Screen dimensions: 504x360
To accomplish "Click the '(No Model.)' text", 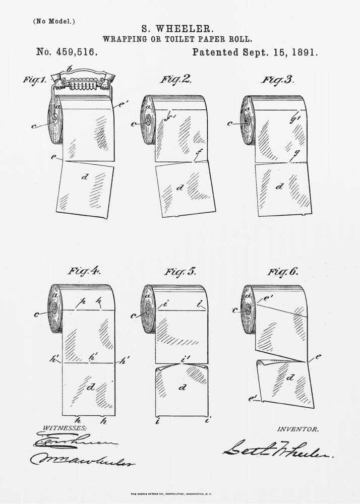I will pyautogui.click(x=53, y=21).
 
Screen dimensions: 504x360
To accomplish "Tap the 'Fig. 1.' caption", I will pyautogui.click(x=35, y=80).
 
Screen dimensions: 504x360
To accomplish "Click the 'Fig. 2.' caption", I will pyautogui.click(x=175, y=79).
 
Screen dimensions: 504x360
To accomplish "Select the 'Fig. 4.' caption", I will pyautogui.click(x=84, y=271).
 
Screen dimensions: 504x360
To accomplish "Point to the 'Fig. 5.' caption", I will pyautogui.click(x=180, y=272).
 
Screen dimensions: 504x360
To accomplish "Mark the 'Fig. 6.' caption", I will pyautogui.click(x=282, y=272).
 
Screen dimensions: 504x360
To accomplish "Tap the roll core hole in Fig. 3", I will pyautogui.click(x=247, y=121).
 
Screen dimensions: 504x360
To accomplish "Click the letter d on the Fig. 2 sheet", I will pyautogui.click(x=180, y=187).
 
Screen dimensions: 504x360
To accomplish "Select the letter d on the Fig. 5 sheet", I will pyautogui.click(x=183, y=388).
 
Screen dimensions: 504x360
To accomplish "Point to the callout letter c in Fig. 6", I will pyautogui.click(x=235, y=310).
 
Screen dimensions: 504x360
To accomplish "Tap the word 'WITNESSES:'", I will pyautogui.click(x=64, y=427).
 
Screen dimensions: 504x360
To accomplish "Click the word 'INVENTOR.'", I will pyautogui.click(x=297, y=429).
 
